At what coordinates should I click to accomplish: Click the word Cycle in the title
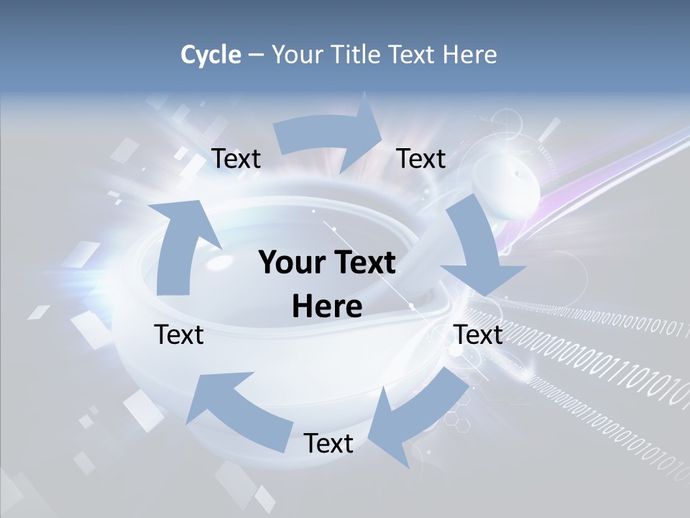[x=211, y=55]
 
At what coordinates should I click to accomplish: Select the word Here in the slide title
[x=469, y=55]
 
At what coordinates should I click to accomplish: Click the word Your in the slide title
[x=297, y=55]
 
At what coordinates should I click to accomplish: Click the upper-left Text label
[x=236, y=159]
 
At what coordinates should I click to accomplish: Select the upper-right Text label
[x=421, y=159]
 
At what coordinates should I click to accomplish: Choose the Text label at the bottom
[x=328, y=444]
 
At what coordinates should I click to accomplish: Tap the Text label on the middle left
[x=179, y=335]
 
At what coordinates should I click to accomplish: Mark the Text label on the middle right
[x=478, y=335]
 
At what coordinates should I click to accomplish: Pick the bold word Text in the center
[x=365, y=263]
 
